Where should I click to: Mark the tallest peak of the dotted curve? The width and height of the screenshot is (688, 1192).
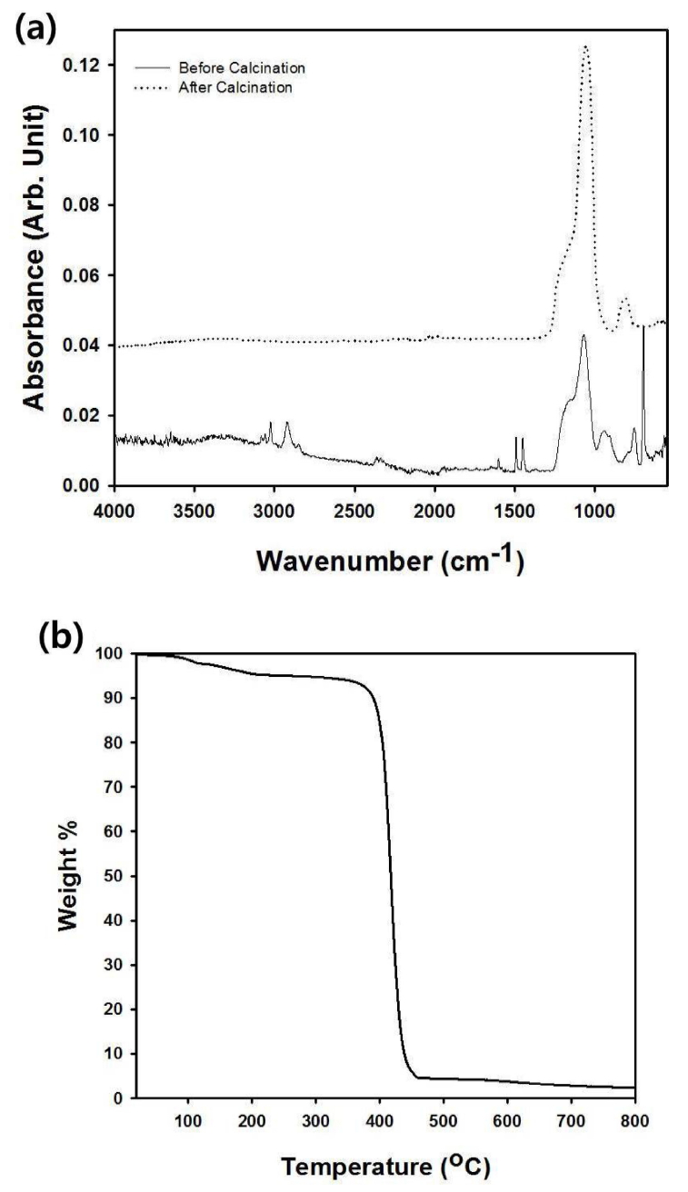(x=586, y=46)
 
